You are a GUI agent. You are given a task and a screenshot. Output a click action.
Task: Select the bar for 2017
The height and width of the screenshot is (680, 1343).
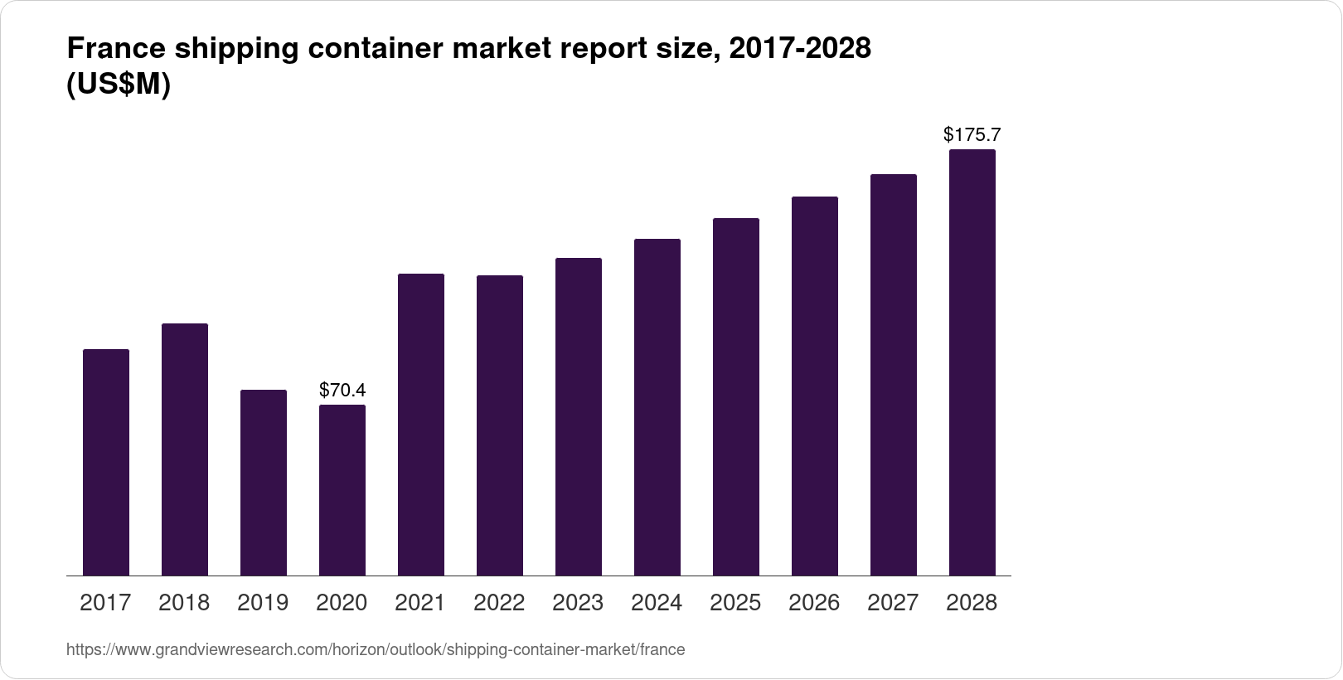coord(106,462)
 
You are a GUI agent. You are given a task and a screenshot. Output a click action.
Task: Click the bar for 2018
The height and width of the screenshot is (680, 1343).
coord(185,449)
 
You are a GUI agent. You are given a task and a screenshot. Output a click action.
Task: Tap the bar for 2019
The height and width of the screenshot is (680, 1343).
coord(264,483)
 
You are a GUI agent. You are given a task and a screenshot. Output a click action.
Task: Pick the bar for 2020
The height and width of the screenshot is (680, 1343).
coord(342,490)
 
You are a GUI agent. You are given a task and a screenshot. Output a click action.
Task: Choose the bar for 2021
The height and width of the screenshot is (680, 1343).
coord(421,425)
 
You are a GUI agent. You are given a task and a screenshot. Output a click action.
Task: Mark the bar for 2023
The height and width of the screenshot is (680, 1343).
coord(579,416)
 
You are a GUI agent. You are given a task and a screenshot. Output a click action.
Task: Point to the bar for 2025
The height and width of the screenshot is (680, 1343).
coord(736,396)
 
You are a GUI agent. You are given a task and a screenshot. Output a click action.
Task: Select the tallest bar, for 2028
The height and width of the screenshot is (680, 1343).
coord(972,362)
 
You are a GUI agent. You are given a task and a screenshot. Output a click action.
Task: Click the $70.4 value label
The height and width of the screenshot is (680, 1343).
coord(342,390)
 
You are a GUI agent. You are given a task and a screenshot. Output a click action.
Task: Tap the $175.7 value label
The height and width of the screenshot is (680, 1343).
coord(972,134)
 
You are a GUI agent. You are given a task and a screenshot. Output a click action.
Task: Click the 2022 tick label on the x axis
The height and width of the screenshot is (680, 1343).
coord(499,603)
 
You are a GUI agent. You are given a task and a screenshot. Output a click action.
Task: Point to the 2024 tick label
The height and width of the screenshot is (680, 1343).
coord(657,603)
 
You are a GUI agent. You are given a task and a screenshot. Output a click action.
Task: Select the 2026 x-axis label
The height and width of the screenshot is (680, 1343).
coord(814,603)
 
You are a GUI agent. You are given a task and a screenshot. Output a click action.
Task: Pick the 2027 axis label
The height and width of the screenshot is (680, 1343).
coord(893,603)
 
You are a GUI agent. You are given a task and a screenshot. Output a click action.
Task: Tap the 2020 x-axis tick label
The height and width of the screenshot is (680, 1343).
coord(342,603)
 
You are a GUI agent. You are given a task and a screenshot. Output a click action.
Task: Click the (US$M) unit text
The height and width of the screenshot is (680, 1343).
coord(118,85)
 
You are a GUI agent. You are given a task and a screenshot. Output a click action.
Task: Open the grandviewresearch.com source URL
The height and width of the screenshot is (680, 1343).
coord(376,650)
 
